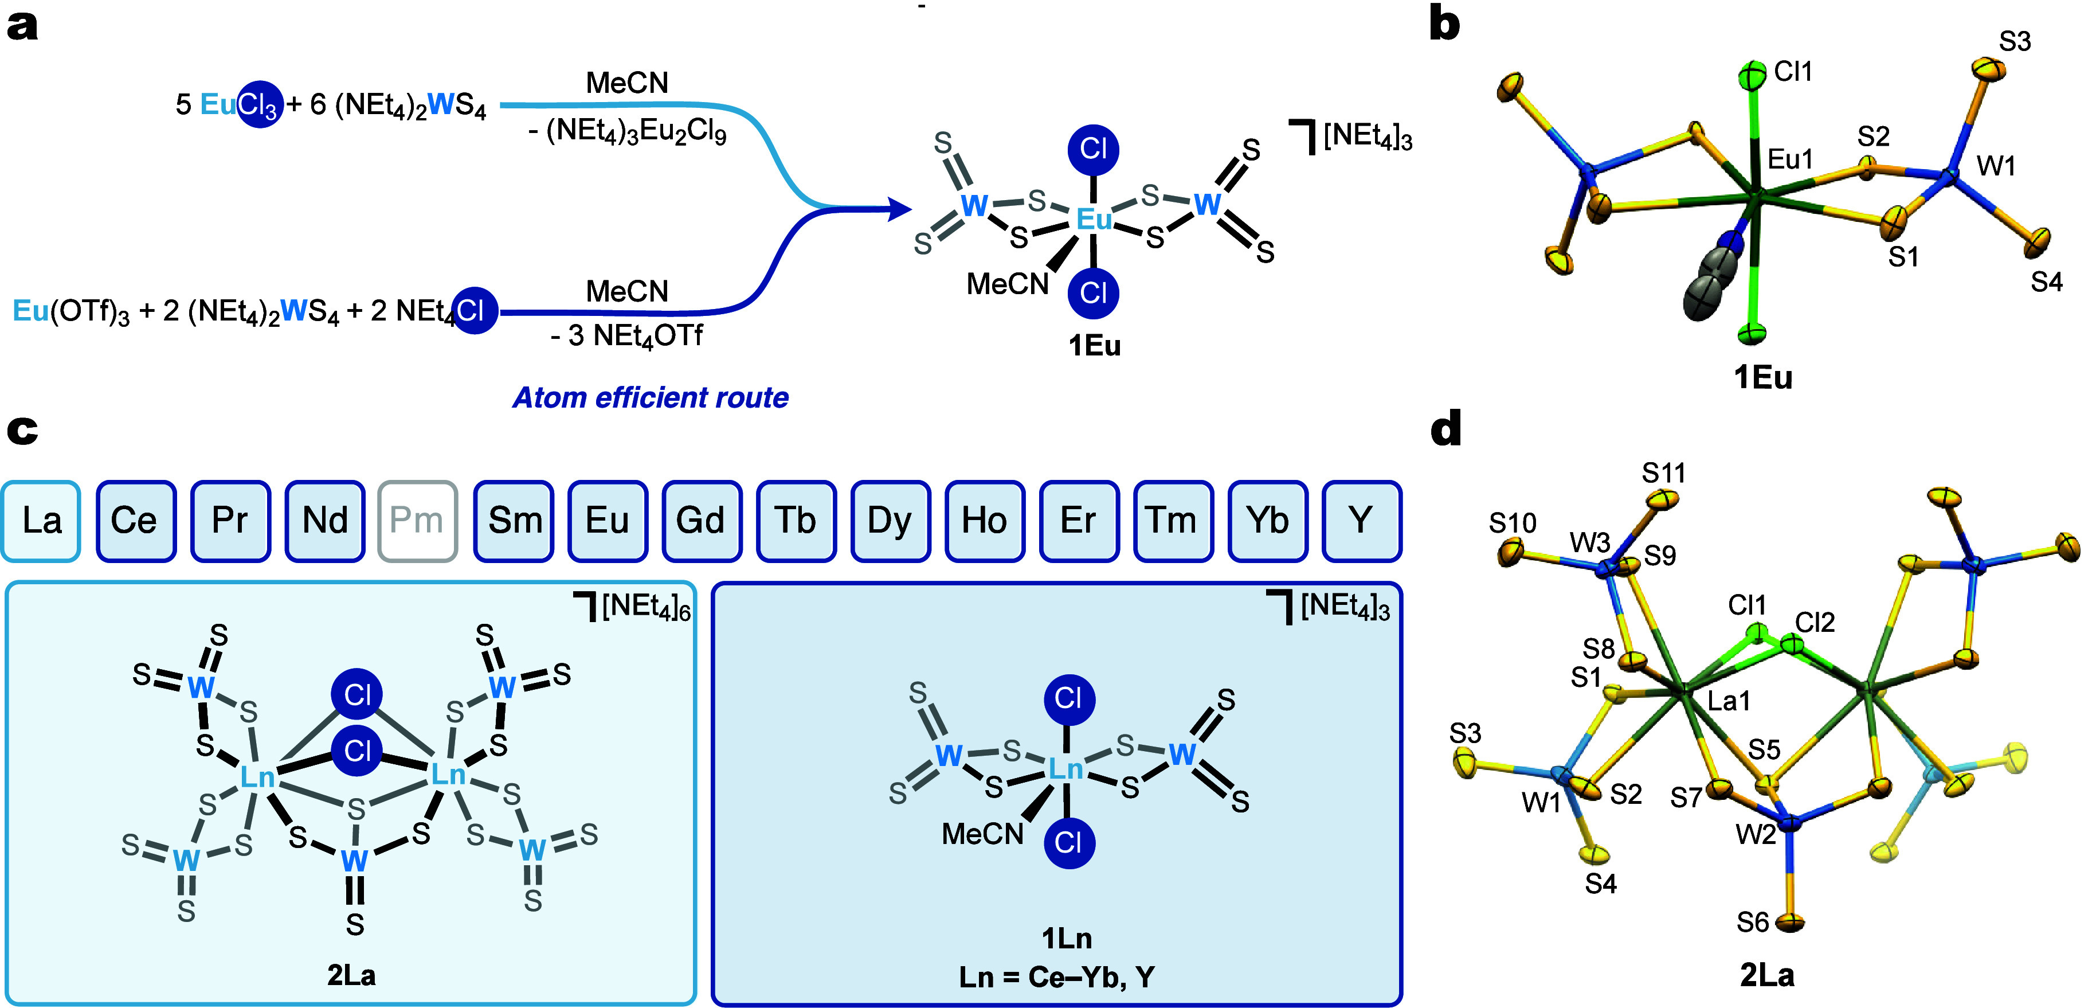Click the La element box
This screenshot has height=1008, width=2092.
[x=41, y=521]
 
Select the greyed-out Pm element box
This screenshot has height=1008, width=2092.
[x=417, y=521]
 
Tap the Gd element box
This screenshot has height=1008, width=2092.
[x=701, y=521]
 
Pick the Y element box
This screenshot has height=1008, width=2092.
[x=1362, y=521]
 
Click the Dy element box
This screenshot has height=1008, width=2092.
[x=890, y=521]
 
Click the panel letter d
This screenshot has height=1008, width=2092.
[x=1445, y=428]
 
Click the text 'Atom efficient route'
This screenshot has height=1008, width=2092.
[x=651, y=397]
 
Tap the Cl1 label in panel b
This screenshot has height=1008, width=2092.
[x=1793, y=72]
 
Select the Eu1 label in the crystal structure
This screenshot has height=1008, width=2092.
[x=1790, y=159]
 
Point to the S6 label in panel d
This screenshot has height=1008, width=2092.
[x=1753, y=922]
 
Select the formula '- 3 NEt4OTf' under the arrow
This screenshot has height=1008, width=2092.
[x=626, y=335]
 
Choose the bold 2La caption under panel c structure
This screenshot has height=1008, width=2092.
[x=352, y=975]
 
